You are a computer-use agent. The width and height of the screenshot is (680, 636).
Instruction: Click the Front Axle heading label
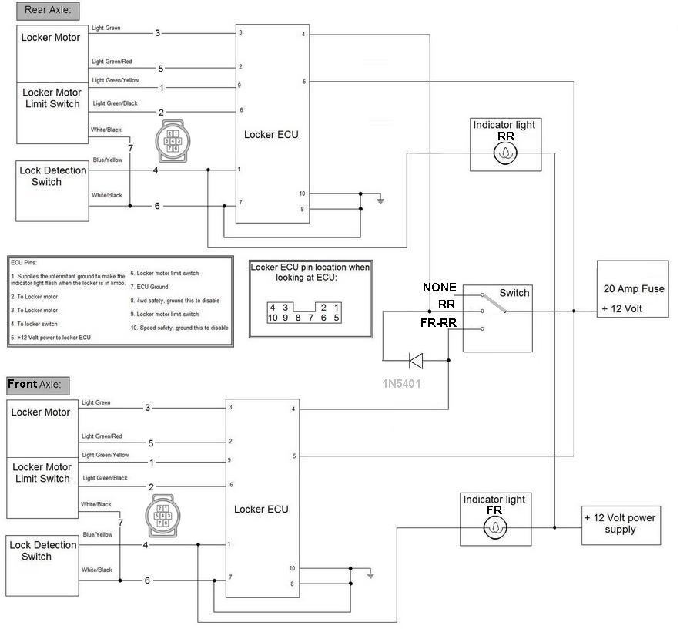point(39,384)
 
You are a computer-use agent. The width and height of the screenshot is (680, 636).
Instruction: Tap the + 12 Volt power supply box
point(621,524)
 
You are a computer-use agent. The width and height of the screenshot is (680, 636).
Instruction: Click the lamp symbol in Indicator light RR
point(505,154)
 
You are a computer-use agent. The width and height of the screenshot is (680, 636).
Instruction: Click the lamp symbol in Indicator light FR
point(494,528)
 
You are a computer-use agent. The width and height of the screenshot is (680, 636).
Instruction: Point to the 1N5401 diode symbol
point(415,359)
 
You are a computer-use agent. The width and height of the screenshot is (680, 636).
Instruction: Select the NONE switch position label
point(440,288)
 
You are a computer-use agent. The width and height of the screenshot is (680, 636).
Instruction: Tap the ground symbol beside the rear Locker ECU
point(380,200)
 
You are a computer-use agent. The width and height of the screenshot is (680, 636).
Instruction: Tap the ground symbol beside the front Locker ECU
point(370,574)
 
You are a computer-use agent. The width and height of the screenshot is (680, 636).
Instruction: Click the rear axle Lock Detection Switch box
point(52,190)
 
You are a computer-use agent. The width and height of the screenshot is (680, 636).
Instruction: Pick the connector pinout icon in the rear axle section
point(169,140)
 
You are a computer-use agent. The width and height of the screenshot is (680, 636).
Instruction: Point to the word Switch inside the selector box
point(514,293)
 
